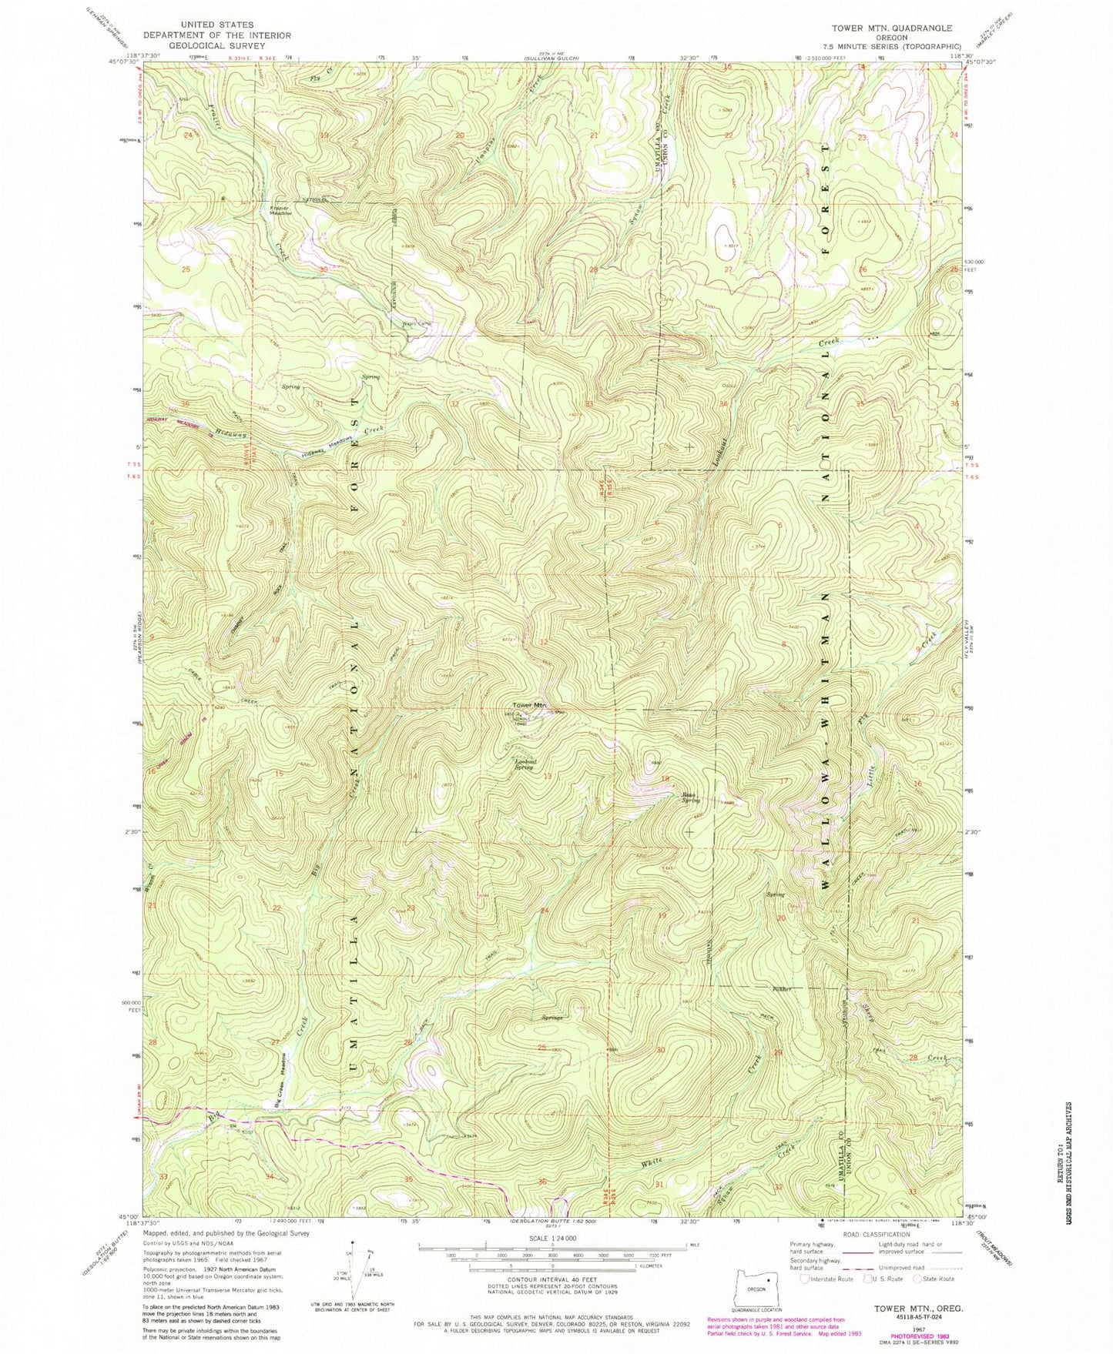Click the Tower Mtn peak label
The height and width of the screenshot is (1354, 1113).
point(530,705)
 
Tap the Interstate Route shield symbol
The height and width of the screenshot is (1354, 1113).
point(805,1279)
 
